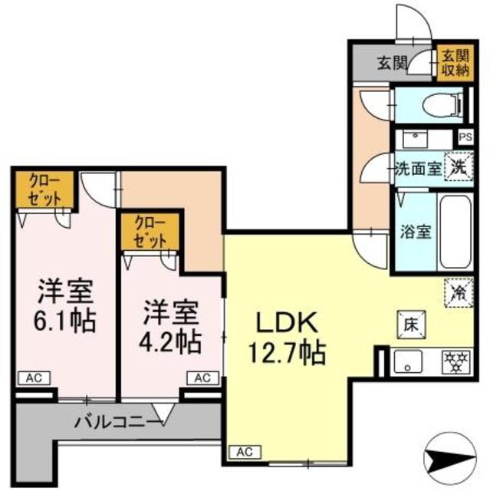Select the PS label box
(465, 137)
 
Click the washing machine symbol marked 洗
(459, 169)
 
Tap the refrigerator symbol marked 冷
(459, 293)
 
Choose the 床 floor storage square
(412, 325)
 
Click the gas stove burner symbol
(455, 362)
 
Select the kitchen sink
(408, 361)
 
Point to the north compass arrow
(450, 459)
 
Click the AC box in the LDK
(245, 452)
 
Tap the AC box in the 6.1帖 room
(34, 378)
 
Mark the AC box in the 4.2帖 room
(202, 378)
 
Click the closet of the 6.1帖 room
(44, 189)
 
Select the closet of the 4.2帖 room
(150, 232)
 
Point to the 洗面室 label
(418, 169)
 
